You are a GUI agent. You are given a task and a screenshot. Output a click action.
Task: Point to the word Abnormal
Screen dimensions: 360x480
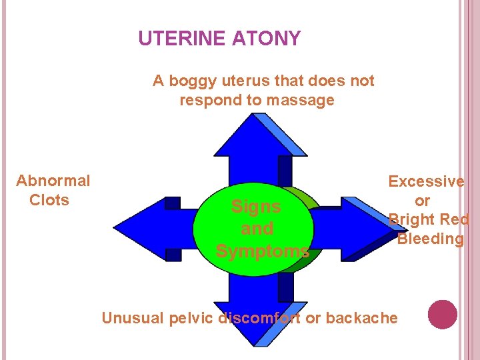(53, 181)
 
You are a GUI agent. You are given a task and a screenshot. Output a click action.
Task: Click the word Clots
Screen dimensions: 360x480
(49, 200)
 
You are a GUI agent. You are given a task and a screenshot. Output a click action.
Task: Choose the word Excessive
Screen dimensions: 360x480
(426, 181)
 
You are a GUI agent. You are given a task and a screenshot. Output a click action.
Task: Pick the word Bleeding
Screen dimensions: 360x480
(430, 239)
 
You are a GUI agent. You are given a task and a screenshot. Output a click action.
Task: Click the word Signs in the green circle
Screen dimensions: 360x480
(255, 207)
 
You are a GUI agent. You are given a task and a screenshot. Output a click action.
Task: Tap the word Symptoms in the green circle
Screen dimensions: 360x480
(262, 251)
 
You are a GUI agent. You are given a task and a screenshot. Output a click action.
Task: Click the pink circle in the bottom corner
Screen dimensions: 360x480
(443, 315)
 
